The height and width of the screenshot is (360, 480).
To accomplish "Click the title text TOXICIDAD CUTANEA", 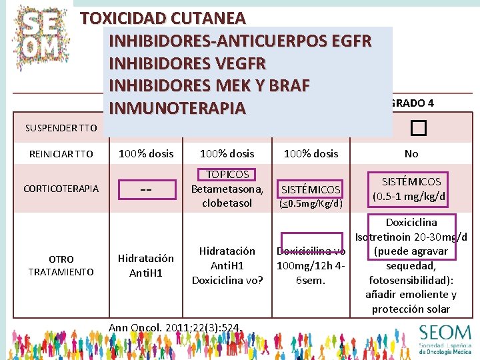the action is (x=163, y=18).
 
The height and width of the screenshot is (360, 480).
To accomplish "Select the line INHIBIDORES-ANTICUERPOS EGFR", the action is (x=240, y=41).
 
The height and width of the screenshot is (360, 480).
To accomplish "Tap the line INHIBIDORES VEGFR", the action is (x=187, y=63).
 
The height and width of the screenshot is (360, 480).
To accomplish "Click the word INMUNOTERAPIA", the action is (x=177, y=107).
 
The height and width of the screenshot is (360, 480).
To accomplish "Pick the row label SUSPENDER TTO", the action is (x=61, y=127).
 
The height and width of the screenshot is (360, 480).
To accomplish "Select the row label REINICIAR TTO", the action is (x=61, y=153).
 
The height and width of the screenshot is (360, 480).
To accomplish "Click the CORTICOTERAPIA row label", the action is (x=61, y=189).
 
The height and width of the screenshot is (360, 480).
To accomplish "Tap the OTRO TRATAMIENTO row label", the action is (x=61, y=265).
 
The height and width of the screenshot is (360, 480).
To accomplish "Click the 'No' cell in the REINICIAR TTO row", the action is (x=411, y=153).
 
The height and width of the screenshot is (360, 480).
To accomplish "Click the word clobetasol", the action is (x=227, y=203).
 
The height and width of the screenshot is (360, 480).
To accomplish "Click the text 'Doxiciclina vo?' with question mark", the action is (x=227, y=280).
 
